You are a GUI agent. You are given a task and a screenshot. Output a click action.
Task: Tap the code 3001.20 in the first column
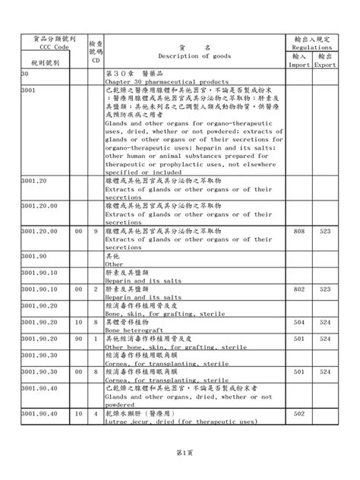(36, 182)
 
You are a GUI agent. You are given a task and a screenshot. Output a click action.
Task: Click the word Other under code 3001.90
(114, 265)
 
